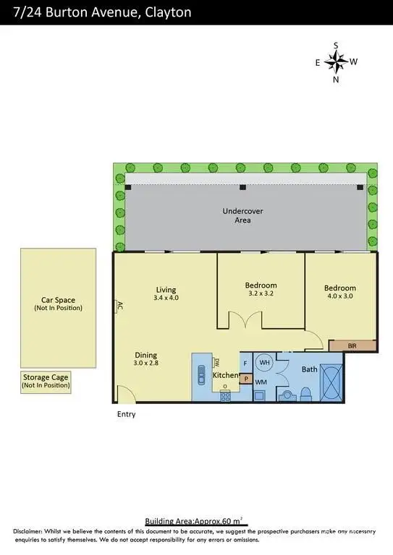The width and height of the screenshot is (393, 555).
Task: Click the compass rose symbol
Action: pyautogui.click(x=336, y=62)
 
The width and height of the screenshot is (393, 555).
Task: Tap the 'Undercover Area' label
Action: pyautogui.click(x=242, y=215)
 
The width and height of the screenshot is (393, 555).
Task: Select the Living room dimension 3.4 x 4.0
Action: pyautogui.click(x=166, y=297)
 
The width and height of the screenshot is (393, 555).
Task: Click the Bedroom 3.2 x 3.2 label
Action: pyautogui.click(x=262, y=294)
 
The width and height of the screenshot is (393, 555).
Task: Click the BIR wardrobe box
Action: pyautogui.click(x=352, y=346)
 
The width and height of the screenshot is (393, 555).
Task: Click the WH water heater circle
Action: pyautogui.click(x=264, y=362)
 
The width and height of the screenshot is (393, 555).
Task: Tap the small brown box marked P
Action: pyautogui.click(x=246, y=378)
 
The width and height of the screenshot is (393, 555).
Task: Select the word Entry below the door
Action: pyautogui.click(x=127, y=415)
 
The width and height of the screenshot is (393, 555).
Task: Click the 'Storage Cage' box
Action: pyautogui.click(x=46, y=382)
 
